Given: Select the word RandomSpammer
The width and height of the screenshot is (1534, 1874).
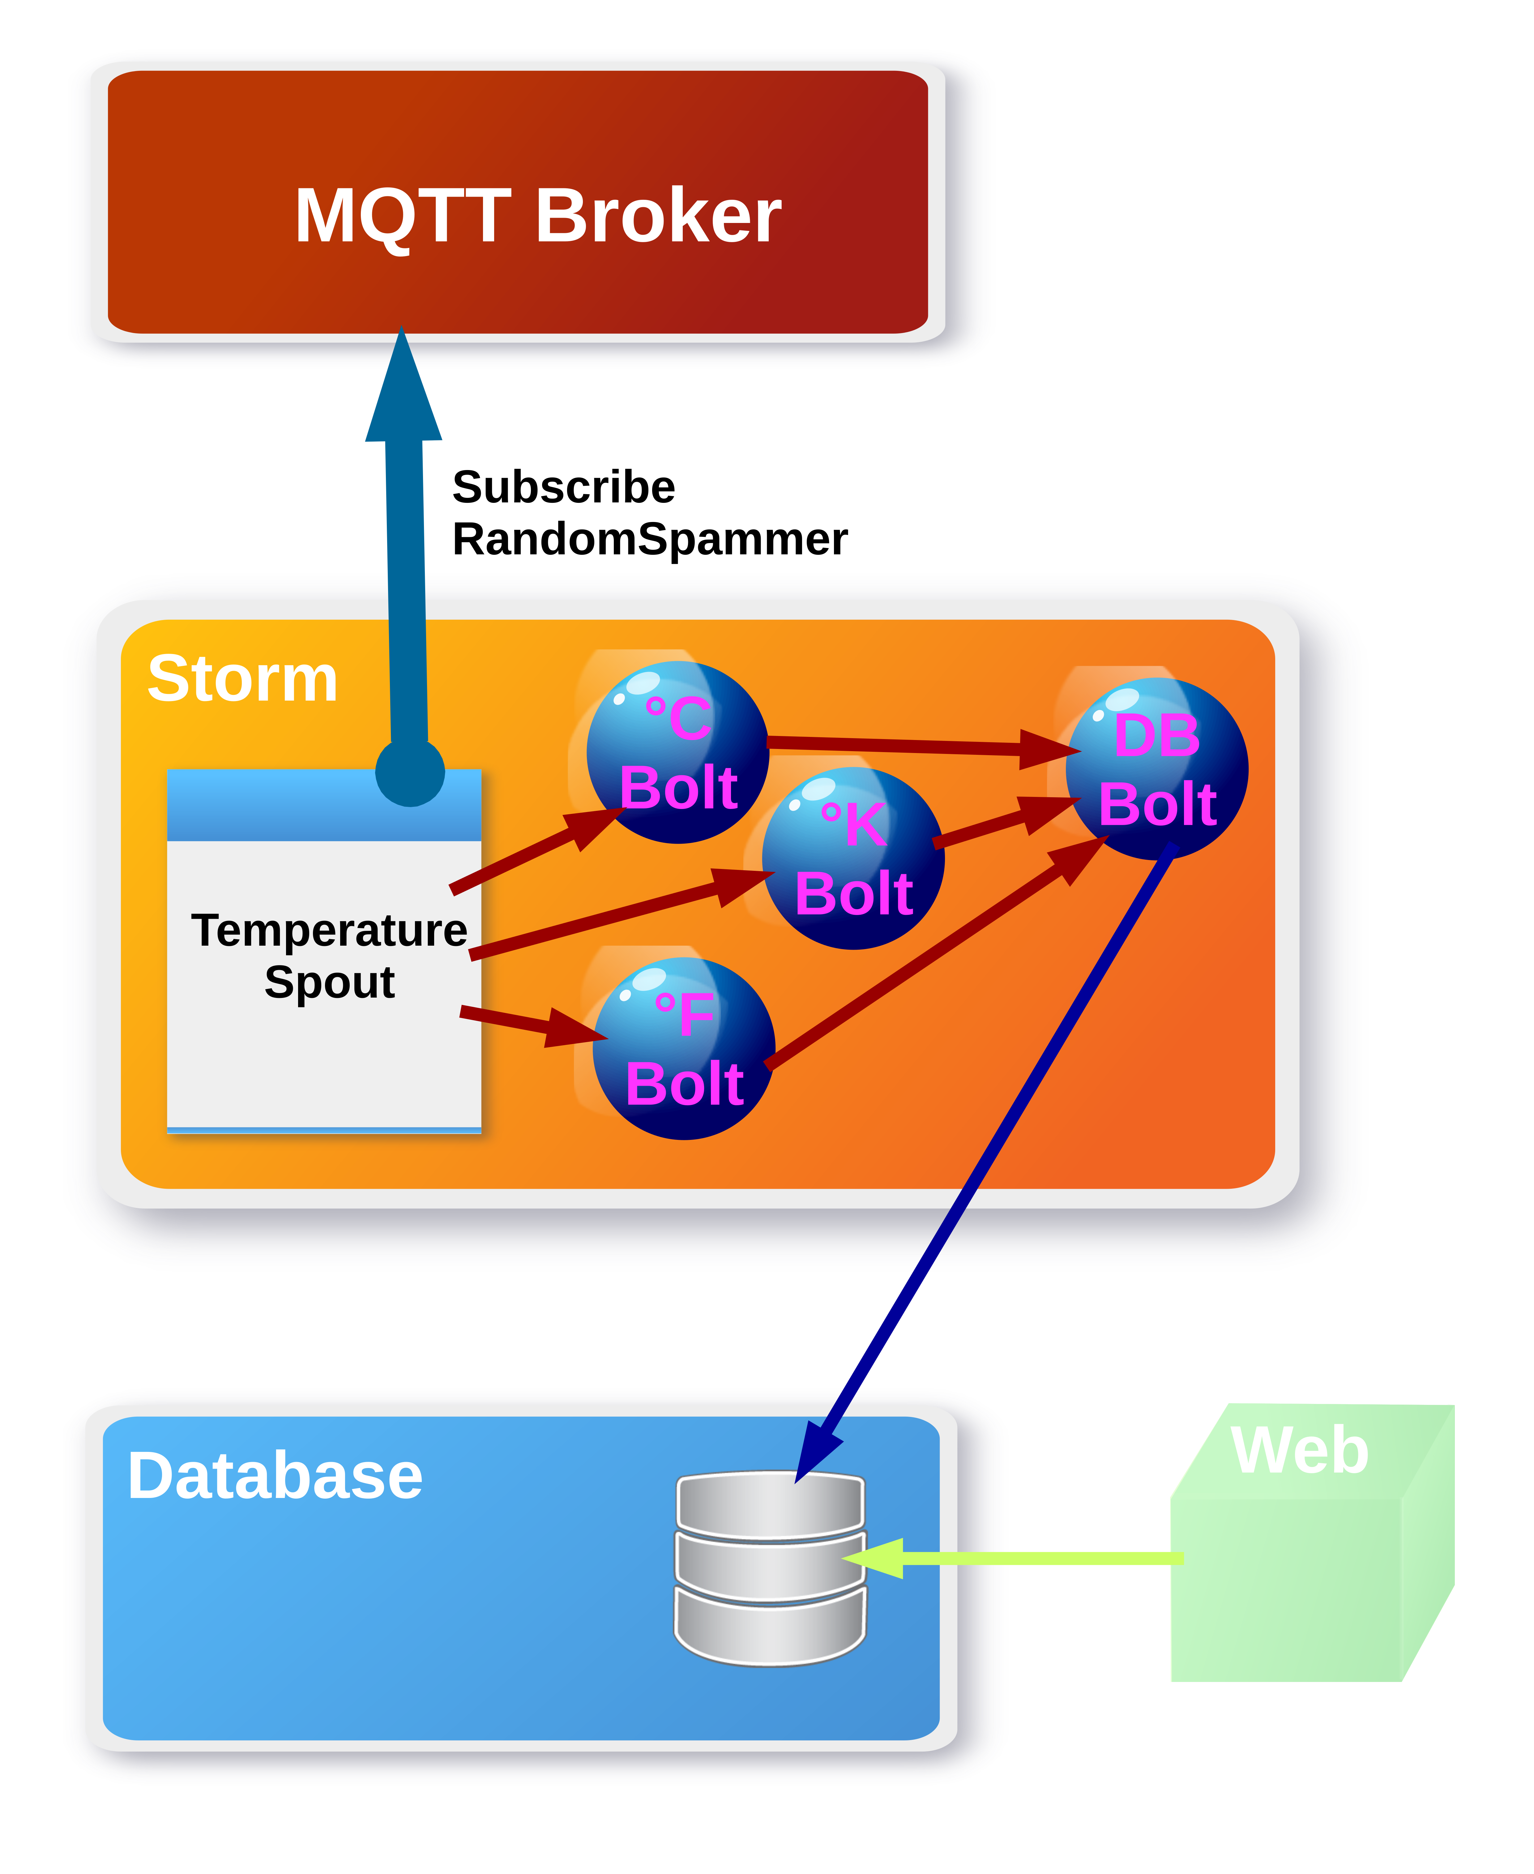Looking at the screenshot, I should [x=649, y=539].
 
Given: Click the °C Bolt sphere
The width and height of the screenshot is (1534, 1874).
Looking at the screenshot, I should [x=678, y=753].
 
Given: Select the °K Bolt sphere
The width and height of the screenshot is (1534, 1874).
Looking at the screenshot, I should [x=853, y=859].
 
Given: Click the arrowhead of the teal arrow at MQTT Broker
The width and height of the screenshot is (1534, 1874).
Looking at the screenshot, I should [x=403, y=389].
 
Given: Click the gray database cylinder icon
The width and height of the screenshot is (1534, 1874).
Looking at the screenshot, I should [x=770, y=1568].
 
